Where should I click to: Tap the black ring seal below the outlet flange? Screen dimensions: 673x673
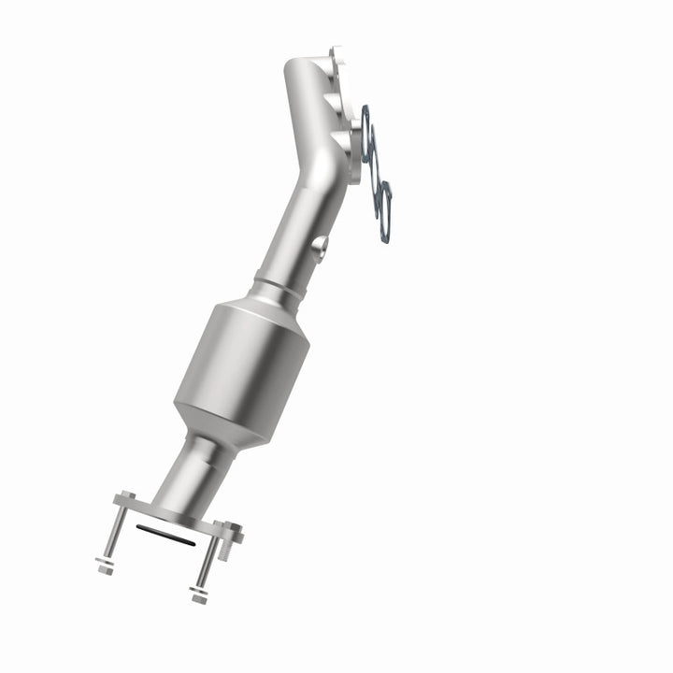tap(166, 534)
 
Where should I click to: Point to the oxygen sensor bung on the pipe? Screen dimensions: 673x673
tap(321, 246)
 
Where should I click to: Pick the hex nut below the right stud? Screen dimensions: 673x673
tap(198, 594)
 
